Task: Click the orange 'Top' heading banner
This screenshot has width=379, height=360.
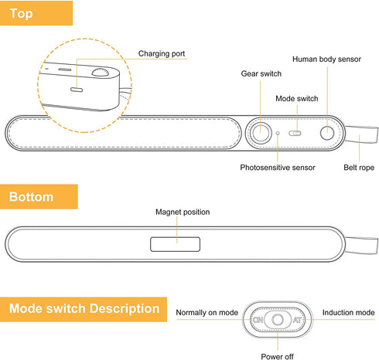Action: click(x=36, y=13)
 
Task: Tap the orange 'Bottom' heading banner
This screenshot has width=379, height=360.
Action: click(x=39, y=196)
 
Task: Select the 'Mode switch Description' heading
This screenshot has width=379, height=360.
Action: click(x=84, y=309)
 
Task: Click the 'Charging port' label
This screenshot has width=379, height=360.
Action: click(x=162, y=53)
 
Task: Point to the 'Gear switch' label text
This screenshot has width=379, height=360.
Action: click(x=261, y=73)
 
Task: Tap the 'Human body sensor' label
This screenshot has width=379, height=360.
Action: click(x=326, y=59)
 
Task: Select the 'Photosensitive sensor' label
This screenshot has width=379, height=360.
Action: click(x=278, y=168)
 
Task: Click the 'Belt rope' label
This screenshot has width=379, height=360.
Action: click(x=359, y=168)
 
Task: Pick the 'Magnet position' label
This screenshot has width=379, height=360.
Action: click(x=183, y=212)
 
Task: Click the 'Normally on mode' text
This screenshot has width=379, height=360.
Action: click(x=207, y=313)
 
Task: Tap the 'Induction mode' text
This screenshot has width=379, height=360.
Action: click(x=349, y=313)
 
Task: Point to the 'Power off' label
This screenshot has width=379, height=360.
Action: click(x=277, y=356)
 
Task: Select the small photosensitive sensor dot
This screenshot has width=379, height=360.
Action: click(x=278, y=133)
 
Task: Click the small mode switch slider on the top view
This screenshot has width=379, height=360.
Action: click(x=295, y=134)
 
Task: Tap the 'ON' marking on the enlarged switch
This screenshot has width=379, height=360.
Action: click(x=258, y=320)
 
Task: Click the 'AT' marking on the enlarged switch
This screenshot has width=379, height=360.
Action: click(x=297, y=320)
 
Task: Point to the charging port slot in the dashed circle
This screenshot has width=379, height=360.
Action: click(x=77, y=90)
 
